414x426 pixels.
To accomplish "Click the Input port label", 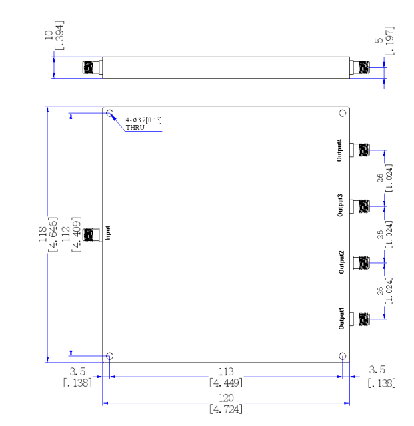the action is click(108, 233).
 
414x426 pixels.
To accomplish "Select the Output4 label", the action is click(339, 150).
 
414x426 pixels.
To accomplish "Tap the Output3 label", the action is click(340, 206).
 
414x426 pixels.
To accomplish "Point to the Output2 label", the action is click(341, 262).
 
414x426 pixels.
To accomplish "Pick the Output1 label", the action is click(341, 318).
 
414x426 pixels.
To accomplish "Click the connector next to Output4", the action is click(359, 150).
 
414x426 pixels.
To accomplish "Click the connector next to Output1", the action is click(359, 319).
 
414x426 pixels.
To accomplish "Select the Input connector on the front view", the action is click(92, 235).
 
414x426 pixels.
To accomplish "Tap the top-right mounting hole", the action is click(343, 113).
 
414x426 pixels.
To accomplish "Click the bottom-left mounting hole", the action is click(109, 356).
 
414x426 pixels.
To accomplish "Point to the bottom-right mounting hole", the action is click(343, 356).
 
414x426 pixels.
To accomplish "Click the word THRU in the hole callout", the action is click(135, 128).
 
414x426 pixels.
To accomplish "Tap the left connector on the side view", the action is click(92, 67).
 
